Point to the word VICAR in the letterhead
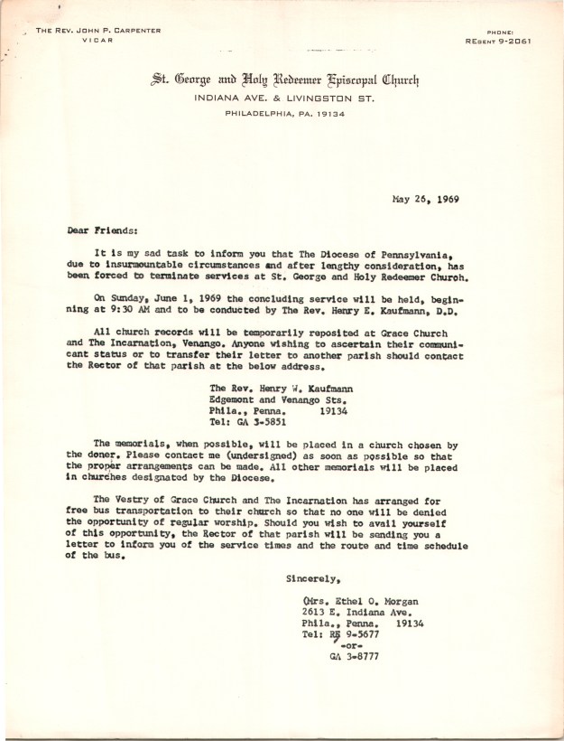[97, 42]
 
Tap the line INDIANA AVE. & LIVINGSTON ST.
[284, 98]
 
